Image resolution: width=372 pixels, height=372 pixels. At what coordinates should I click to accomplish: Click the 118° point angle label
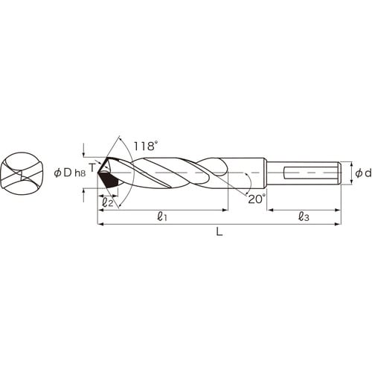coord(146,146)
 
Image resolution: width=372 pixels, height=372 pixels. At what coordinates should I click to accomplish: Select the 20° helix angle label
coord(257,199)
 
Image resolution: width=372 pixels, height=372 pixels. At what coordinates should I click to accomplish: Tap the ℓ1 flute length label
coord(162,217)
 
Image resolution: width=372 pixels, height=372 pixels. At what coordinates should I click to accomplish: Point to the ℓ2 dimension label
coord(108,202)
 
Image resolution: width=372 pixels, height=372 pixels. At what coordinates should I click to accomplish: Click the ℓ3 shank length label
coord(304,217)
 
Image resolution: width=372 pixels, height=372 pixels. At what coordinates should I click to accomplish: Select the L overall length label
coord(219,232)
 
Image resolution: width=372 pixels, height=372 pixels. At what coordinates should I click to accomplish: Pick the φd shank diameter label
coord(363,173)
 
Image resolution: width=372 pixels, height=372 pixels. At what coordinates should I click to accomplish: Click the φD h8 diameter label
coord(70,173)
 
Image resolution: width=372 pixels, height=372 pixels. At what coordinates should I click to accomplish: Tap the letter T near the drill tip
coord(92,168)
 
